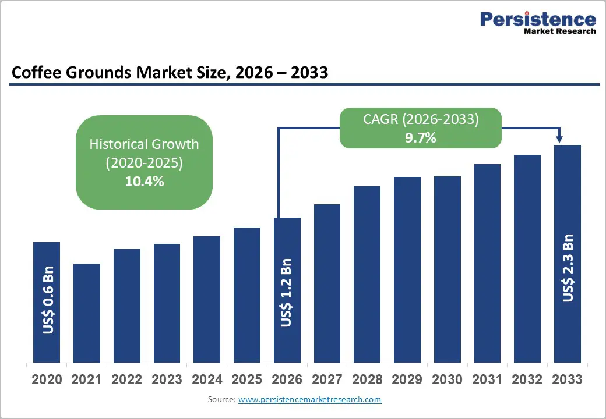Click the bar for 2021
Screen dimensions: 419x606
[x=87, y=313]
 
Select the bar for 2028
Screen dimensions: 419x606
[x=367, y=274]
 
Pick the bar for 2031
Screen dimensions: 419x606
[x=487, y=262]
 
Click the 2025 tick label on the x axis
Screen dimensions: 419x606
[x=246, y=379]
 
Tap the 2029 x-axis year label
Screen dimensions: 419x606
[x=407, y=379]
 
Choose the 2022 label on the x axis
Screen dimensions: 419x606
[x=126, y=379]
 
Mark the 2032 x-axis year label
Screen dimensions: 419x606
[x=527, y=379]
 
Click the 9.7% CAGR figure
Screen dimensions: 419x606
[x=421, y=138]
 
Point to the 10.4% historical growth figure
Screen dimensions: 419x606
[x=144, y=181]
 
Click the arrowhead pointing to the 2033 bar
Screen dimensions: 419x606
[x=559, y=139]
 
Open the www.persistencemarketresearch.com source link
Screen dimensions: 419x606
[x=310, y=399]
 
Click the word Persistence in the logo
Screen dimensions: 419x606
[x=538, y=19]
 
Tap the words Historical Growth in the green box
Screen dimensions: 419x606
[x=144, y=144]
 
